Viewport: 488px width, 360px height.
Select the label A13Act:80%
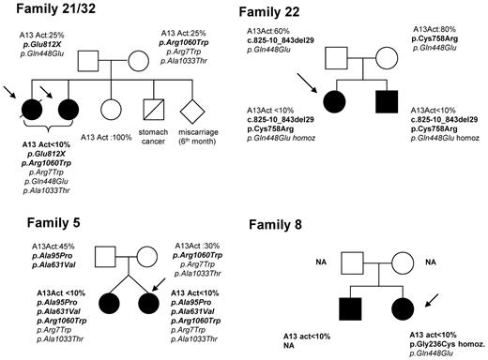point(435,30)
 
